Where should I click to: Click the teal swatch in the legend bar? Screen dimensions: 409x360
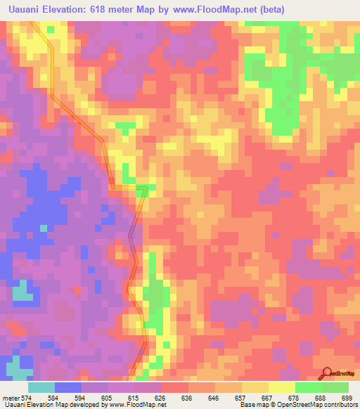[41, 387]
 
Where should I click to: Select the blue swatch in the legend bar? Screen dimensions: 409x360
[68, 387]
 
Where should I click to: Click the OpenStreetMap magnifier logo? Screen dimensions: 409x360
[327, 374]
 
